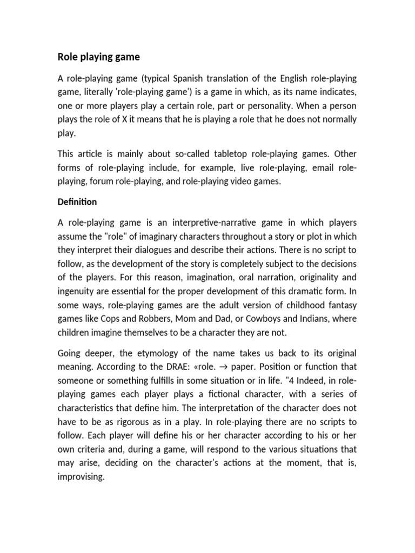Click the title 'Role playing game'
tap(98, 57)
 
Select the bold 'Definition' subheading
tap(77, 202)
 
